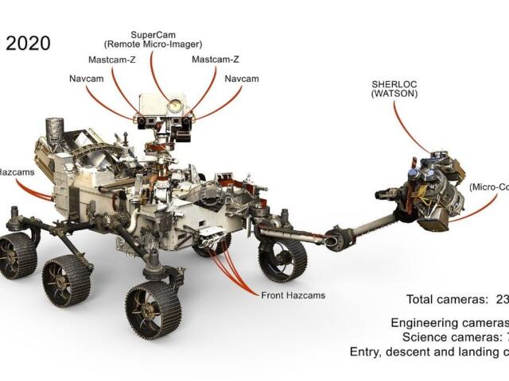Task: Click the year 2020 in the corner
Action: tap(28, 44)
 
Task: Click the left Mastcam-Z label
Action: tap(111, 60)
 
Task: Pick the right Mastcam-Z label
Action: tap(216, 60)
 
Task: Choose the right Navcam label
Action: tap(242, 79)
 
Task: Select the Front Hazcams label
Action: tap(293, 295)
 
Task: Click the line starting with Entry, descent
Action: tap(429, 352)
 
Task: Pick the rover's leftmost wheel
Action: tap(17, 254)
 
